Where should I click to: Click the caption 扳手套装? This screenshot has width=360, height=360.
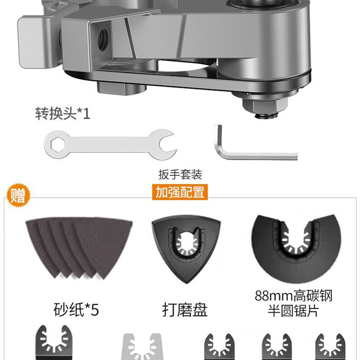[x=180, y=174]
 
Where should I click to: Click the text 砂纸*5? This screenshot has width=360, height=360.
[x=76, y=310]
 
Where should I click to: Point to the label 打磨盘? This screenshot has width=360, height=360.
[x=185, y=310]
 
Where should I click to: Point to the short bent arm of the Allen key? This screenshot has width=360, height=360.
[x=220, y=139]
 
